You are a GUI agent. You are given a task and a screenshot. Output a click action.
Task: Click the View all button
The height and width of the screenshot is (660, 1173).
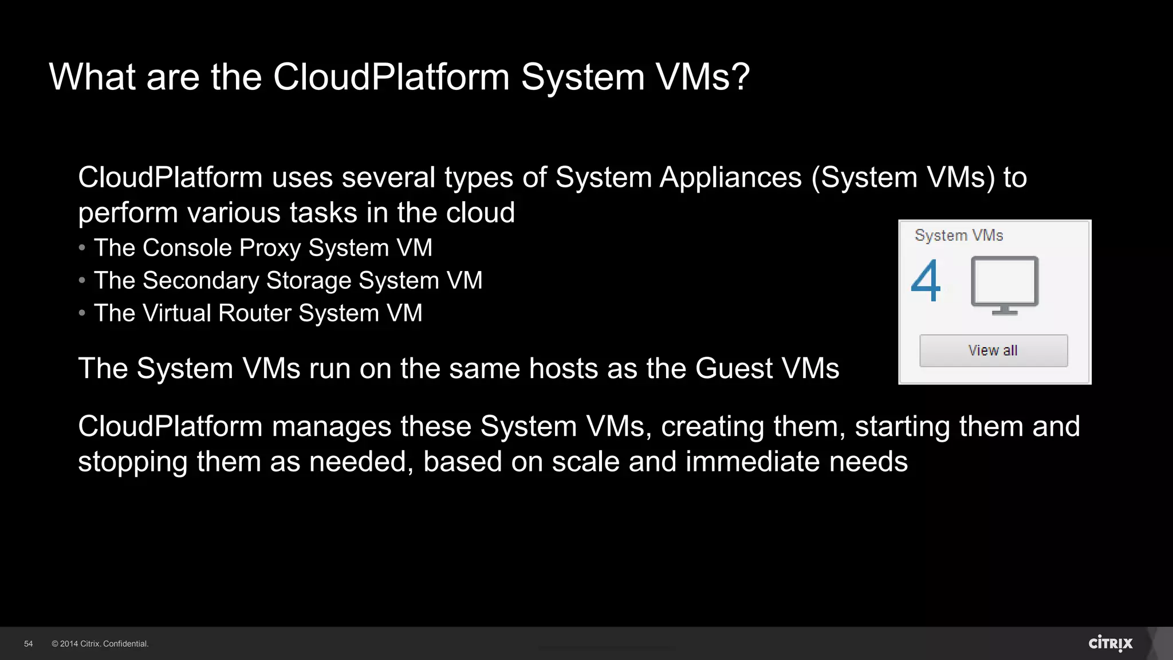(993, 351)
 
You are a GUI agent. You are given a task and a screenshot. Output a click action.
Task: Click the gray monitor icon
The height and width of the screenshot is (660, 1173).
(1005, 285)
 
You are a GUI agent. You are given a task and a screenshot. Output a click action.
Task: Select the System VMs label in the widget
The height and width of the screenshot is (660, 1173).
(959, 235)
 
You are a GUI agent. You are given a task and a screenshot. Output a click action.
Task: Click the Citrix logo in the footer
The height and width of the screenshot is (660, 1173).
(1111, 643)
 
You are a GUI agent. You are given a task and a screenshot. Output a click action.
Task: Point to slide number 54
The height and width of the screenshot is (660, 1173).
(29, 644)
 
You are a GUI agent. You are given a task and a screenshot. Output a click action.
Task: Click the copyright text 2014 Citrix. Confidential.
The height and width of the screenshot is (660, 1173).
(100, 644)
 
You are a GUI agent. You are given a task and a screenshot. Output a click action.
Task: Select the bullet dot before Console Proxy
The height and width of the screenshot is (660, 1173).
(82, 248)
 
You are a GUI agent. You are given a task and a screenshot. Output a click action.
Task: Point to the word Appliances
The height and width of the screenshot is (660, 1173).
(730, 178)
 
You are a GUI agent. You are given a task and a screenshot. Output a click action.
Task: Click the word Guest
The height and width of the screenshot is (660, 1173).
(734, 368)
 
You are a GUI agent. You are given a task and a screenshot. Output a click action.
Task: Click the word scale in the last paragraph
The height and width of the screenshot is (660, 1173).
(585, 462)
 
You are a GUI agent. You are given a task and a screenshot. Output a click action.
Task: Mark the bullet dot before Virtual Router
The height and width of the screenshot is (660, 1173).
(82, 313)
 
